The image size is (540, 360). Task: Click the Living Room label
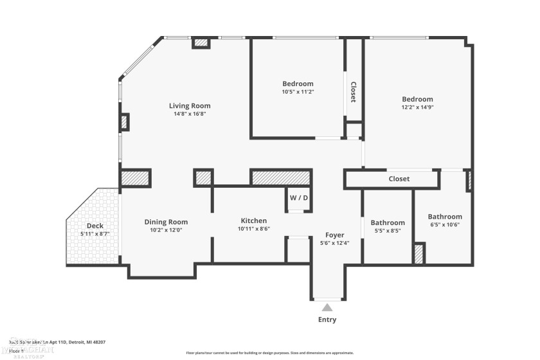pyautogui.click(x=190, y=106)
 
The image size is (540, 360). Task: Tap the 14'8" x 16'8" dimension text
pyautogui.click(x=190, y=114)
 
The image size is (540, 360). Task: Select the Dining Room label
pyautogui.click(x=166, y=222)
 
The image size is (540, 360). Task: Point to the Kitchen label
pyautogui.click(x=254, y=221)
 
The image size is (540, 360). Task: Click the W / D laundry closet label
pyautogui.click(x=298, y=197)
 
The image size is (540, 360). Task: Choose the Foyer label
pyautogui.click(x=334, y=235)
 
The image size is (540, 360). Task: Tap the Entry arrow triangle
pyautogui.click(x=327, y=307)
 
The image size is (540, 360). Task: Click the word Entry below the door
pyautogui.click(x=327, y=319)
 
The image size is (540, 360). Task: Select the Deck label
pyautogui.click(x=94, y=226)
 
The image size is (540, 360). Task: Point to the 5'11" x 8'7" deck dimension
pyautogui.click(x=94, y=234)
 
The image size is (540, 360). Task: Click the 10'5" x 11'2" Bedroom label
pyautogui.click(x=298, y=84)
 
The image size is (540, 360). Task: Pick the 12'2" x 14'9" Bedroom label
pyautogui.click(x=417, y=99)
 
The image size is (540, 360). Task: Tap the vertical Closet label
pyautogui.click(x=353, y=91)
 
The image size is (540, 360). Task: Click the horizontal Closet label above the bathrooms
pyautogui.click(x=399, y=179)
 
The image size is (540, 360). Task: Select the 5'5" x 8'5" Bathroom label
pyautogui.click(x=388, y=222)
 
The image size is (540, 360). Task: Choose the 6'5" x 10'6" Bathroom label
pyautogui.click(x=445, y=217)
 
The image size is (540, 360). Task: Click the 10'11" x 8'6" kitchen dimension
pyautogui.click(x=254, y=228)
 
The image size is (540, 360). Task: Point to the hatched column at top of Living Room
pyautogui.click(x=201, y=43)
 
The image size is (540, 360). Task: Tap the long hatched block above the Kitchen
pyautogui.click(x=281, y=177)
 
